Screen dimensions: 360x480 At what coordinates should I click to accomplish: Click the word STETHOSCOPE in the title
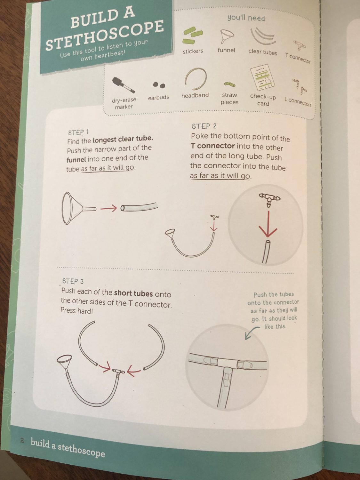[105, 35]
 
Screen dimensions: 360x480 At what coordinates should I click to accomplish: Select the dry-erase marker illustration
[124, 85]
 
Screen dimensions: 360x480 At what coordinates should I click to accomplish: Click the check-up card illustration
[262, 77]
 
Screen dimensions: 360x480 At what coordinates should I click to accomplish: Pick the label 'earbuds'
[158, 97]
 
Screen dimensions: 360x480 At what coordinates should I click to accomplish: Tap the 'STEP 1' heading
[78, 132]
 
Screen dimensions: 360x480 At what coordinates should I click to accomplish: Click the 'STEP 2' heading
[204, 126]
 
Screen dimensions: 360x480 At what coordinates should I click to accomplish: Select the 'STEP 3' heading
[73, 281]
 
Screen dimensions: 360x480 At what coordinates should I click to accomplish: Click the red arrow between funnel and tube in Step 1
[108, 208]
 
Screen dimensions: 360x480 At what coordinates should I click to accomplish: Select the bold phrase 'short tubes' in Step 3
[133, 293]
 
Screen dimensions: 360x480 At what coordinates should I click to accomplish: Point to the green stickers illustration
[193, 36]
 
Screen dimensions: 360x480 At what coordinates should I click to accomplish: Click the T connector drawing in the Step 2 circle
[269, 199]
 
